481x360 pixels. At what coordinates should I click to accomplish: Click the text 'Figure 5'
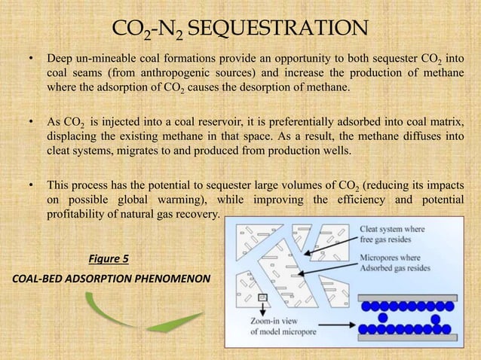(x=109, y=260)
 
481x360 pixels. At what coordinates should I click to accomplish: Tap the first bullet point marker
(x=31, y=59)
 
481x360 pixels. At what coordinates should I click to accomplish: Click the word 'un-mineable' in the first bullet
(x=109, y=59)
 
